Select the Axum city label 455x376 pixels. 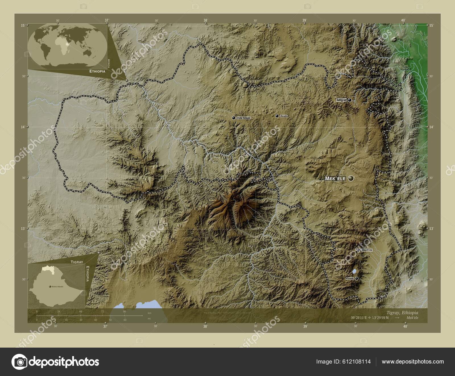pyautogui.click(x=284, y=116)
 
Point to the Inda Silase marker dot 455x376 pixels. pyautogui.click(x=234, y=118)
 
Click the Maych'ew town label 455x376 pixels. pyautogui.click(x=367, y=250)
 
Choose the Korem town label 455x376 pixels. pyautogui.click(x=350, y=279)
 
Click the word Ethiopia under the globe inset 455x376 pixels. pyautogui.click(x=97, y=71)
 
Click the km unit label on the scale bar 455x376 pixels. pyautogui.click(x=150, y=313)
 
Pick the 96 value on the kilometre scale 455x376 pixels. pyautogui.click(x=124, y=312)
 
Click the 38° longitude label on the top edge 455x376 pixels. pyautogui.click(x=205, y=20)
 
